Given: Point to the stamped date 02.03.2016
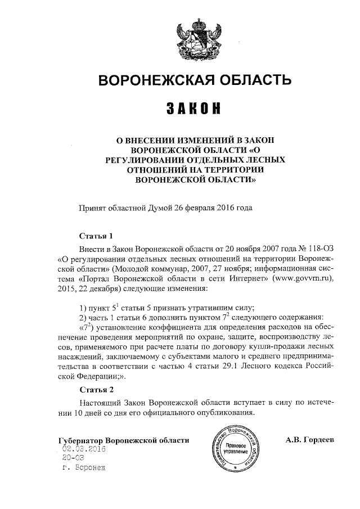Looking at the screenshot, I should [x=84, y=448].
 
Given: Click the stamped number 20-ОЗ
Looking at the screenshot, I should [x=70, y=458].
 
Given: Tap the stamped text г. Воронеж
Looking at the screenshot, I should [x=84, y=468].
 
